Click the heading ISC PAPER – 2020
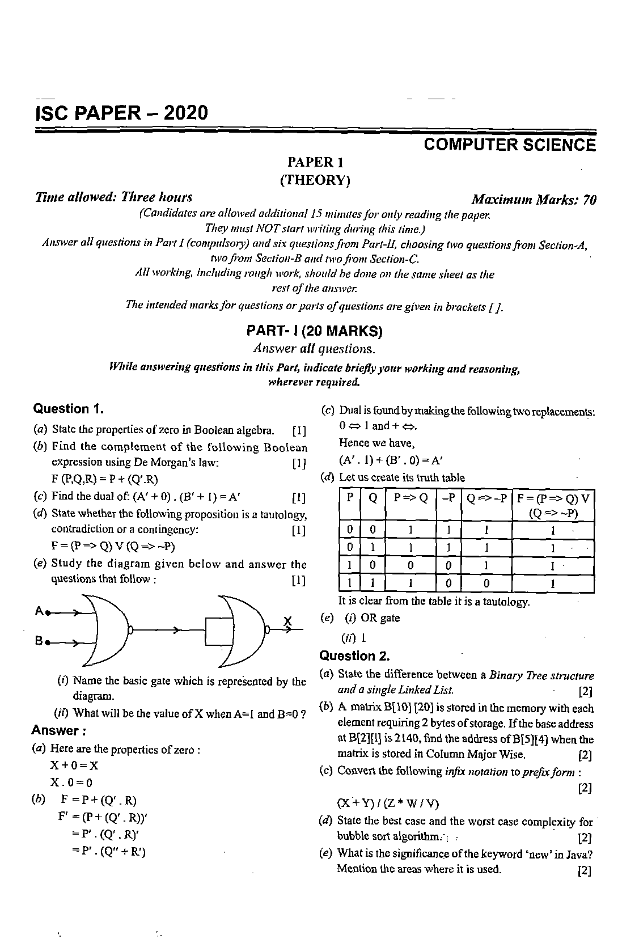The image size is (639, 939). click(121, 113)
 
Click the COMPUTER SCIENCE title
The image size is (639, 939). click(510, 145)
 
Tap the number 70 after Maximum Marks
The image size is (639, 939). click(589, 200)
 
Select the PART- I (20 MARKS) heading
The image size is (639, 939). click(315, 331)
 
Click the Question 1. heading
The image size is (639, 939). click(68, 409)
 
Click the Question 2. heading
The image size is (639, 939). click(354, 656)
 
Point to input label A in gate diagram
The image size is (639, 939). click(39, 611)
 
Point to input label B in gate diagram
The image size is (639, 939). click(39, 641)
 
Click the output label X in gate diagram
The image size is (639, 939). click(287, 622)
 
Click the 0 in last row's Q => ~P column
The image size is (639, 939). click(486, 583)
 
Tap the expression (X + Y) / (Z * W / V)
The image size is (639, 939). click(387, 803)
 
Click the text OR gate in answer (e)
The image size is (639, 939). click(380, 618)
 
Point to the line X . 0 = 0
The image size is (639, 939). click(71, 782)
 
